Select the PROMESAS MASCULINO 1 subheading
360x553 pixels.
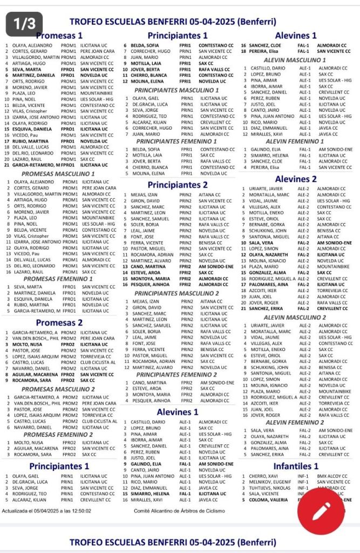click(58, 174)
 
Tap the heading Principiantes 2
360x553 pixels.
click(178, 185)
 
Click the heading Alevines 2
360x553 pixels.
click(296, 179)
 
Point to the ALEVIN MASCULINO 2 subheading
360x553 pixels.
click(295, 318)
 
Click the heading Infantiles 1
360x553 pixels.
click(295, 466)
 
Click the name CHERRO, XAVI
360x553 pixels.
click(263, 476)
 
